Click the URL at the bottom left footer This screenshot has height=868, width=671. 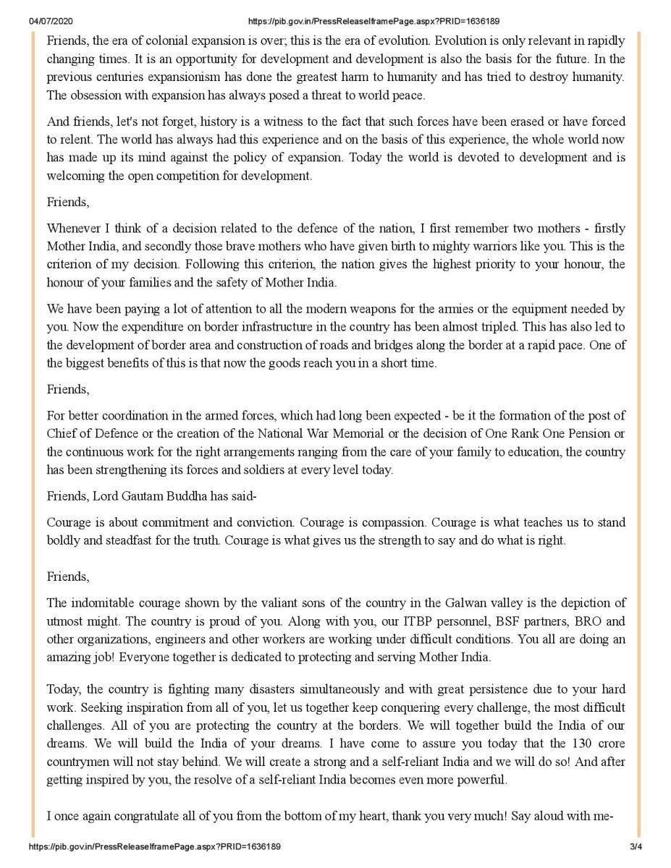[153, 846]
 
